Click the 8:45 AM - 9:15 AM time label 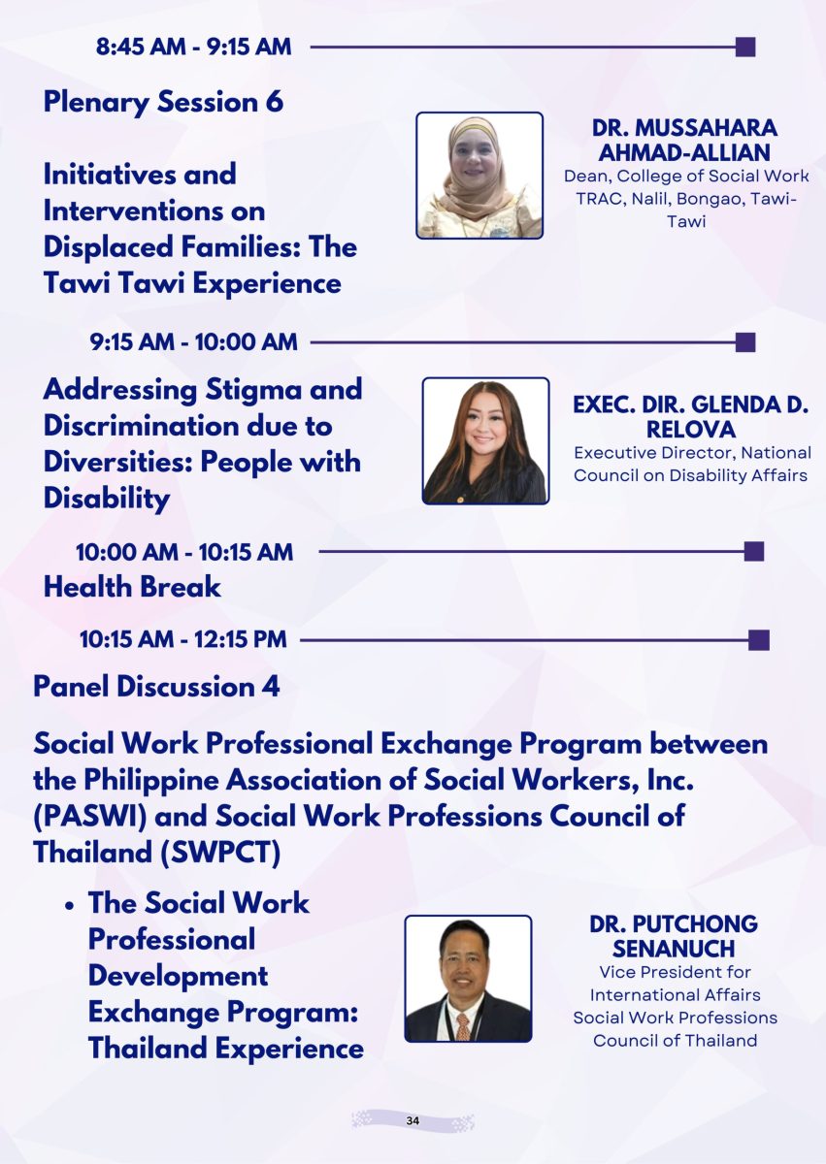[193, 47]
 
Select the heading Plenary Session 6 [163, 102]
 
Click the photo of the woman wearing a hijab [479, 176]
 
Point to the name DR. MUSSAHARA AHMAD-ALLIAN [684, 141]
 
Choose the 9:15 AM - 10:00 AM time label [193, 341]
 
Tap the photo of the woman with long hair [485, 440]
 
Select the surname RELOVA [691, 429]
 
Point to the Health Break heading [133, 587]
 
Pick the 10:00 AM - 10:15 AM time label [184, 552]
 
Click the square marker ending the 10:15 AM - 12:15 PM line [759, 640]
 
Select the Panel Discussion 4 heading [156, 687]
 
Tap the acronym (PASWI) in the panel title [90, 816]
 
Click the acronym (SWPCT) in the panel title [220, 853]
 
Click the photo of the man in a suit [468, 979]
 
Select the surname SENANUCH [674, 949]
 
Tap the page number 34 [413, 1121]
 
